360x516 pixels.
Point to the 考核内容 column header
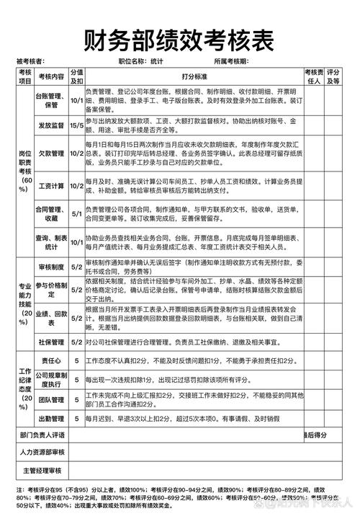tap(51, 76)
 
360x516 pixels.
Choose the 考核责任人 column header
tap(312, 76)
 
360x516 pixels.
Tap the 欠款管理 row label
tap(51, 154)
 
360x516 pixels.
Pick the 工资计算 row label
tap(51, 186)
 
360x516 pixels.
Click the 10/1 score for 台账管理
tap(76, 100)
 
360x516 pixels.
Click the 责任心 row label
tap(51, 360)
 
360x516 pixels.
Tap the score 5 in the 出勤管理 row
tap(76, 418)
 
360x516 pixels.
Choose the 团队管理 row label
tap(51, 399)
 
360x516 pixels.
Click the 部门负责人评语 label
tap(42, 435)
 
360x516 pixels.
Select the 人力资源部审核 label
tap(42, 453)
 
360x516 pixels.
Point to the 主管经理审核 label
tap(42, 471)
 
